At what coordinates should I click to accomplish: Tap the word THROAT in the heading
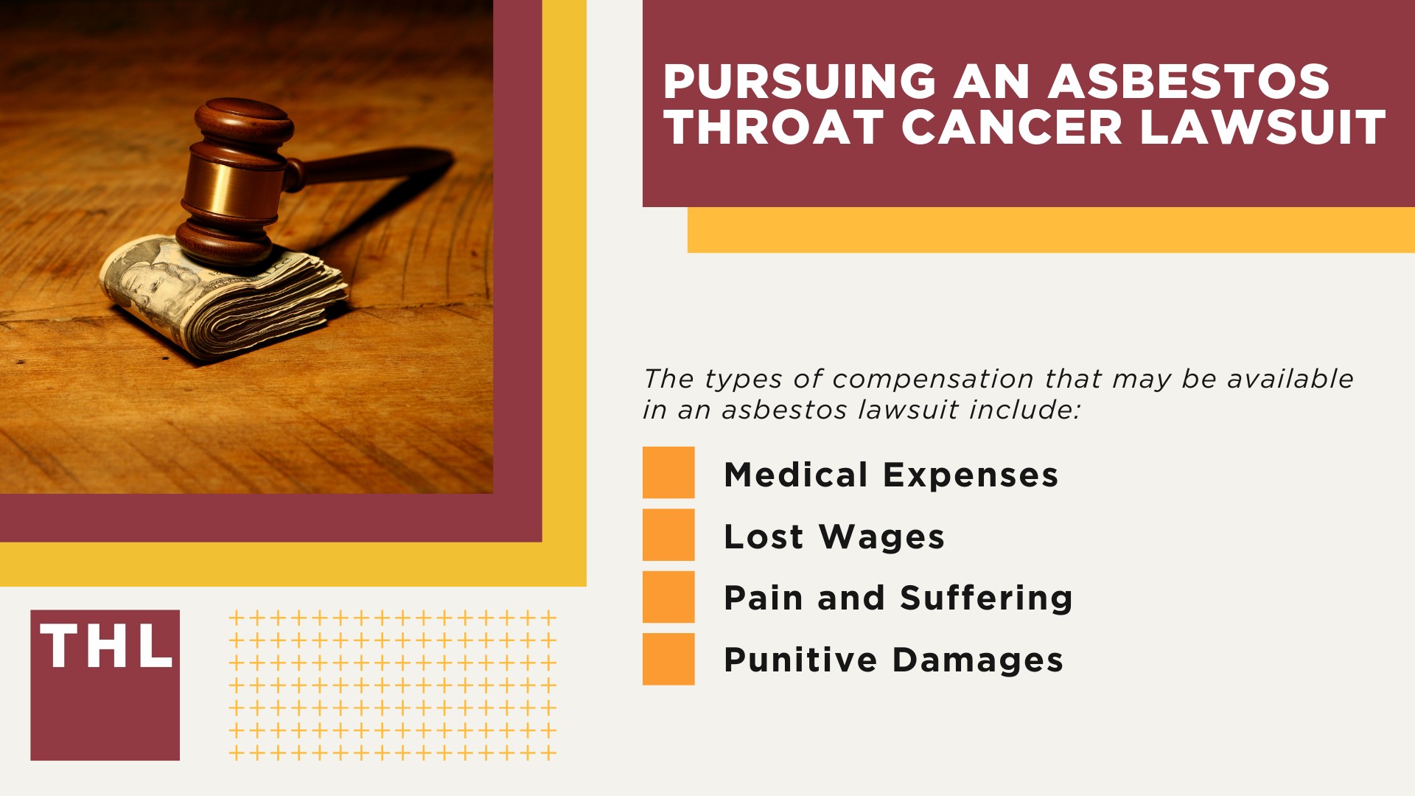pos(774,128)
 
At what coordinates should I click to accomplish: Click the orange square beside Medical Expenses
pos(668,472)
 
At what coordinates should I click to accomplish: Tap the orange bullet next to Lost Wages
pos(668,534)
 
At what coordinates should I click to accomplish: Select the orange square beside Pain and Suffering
pos(668,597)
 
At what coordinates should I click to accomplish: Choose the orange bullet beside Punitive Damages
pos(668,659)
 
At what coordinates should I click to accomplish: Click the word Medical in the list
pos(796,475)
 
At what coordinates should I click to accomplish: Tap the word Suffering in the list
pos(986,598)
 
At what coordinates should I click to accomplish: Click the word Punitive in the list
pos(800,660)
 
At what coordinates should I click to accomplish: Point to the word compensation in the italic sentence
pos(933,379)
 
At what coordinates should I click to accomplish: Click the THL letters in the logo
pos(105,647)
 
